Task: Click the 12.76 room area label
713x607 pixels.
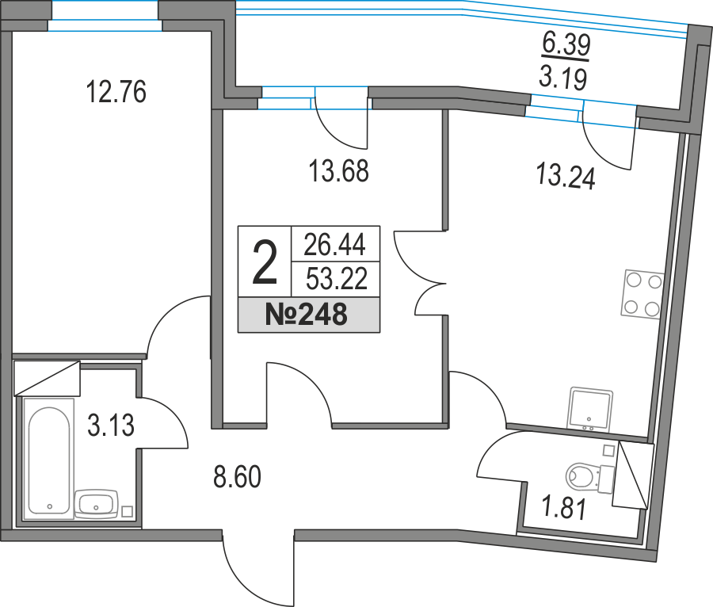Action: [x=116, y=91]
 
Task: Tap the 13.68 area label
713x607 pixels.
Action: [x=339, y=171]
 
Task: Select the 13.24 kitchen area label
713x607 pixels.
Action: [x=566, y=176]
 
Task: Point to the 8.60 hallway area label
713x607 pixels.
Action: [x=238, y=476]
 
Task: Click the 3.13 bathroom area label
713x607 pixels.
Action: [x=110, y=426]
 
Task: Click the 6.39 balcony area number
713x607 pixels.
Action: [x=566, y=44]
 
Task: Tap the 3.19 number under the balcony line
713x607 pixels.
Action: [x=563, y=78]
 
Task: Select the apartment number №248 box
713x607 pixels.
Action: [x=309, y=315]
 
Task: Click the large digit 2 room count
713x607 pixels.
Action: [x=265, y=263]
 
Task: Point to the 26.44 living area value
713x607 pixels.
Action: [x=334, y=244]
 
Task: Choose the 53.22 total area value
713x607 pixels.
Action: [x=337, y=278]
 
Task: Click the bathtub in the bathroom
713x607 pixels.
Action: [x=48, y=458]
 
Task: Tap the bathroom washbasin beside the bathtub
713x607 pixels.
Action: [x=96, y=504]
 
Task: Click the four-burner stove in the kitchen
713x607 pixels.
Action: [x=642, y=294]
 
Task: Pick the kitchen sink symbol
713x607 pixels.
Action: [x=590, y=409]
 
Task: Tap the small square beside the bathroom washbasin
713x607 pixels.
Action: [x=128, y=512]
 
